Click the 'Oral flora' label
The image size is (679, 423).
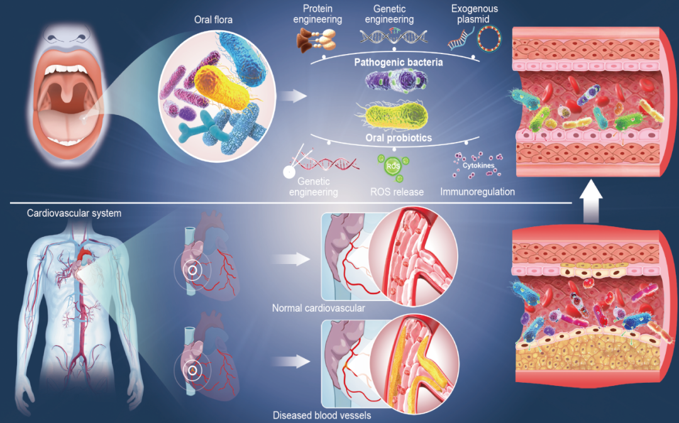pyautogui.click(x=213, y=19)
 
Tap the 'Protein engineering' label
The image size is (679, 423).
pyautogui.click(x=321, y=14)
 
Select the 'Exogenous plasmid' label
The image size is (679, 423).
pyautogui.click(x=475, y=14)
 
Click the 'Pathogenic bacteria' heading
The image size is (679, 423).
pyautogui.click(x=398, y=63)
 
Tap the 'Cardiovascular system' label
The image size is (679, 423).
pyautogui.click(x=74, y=214)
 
